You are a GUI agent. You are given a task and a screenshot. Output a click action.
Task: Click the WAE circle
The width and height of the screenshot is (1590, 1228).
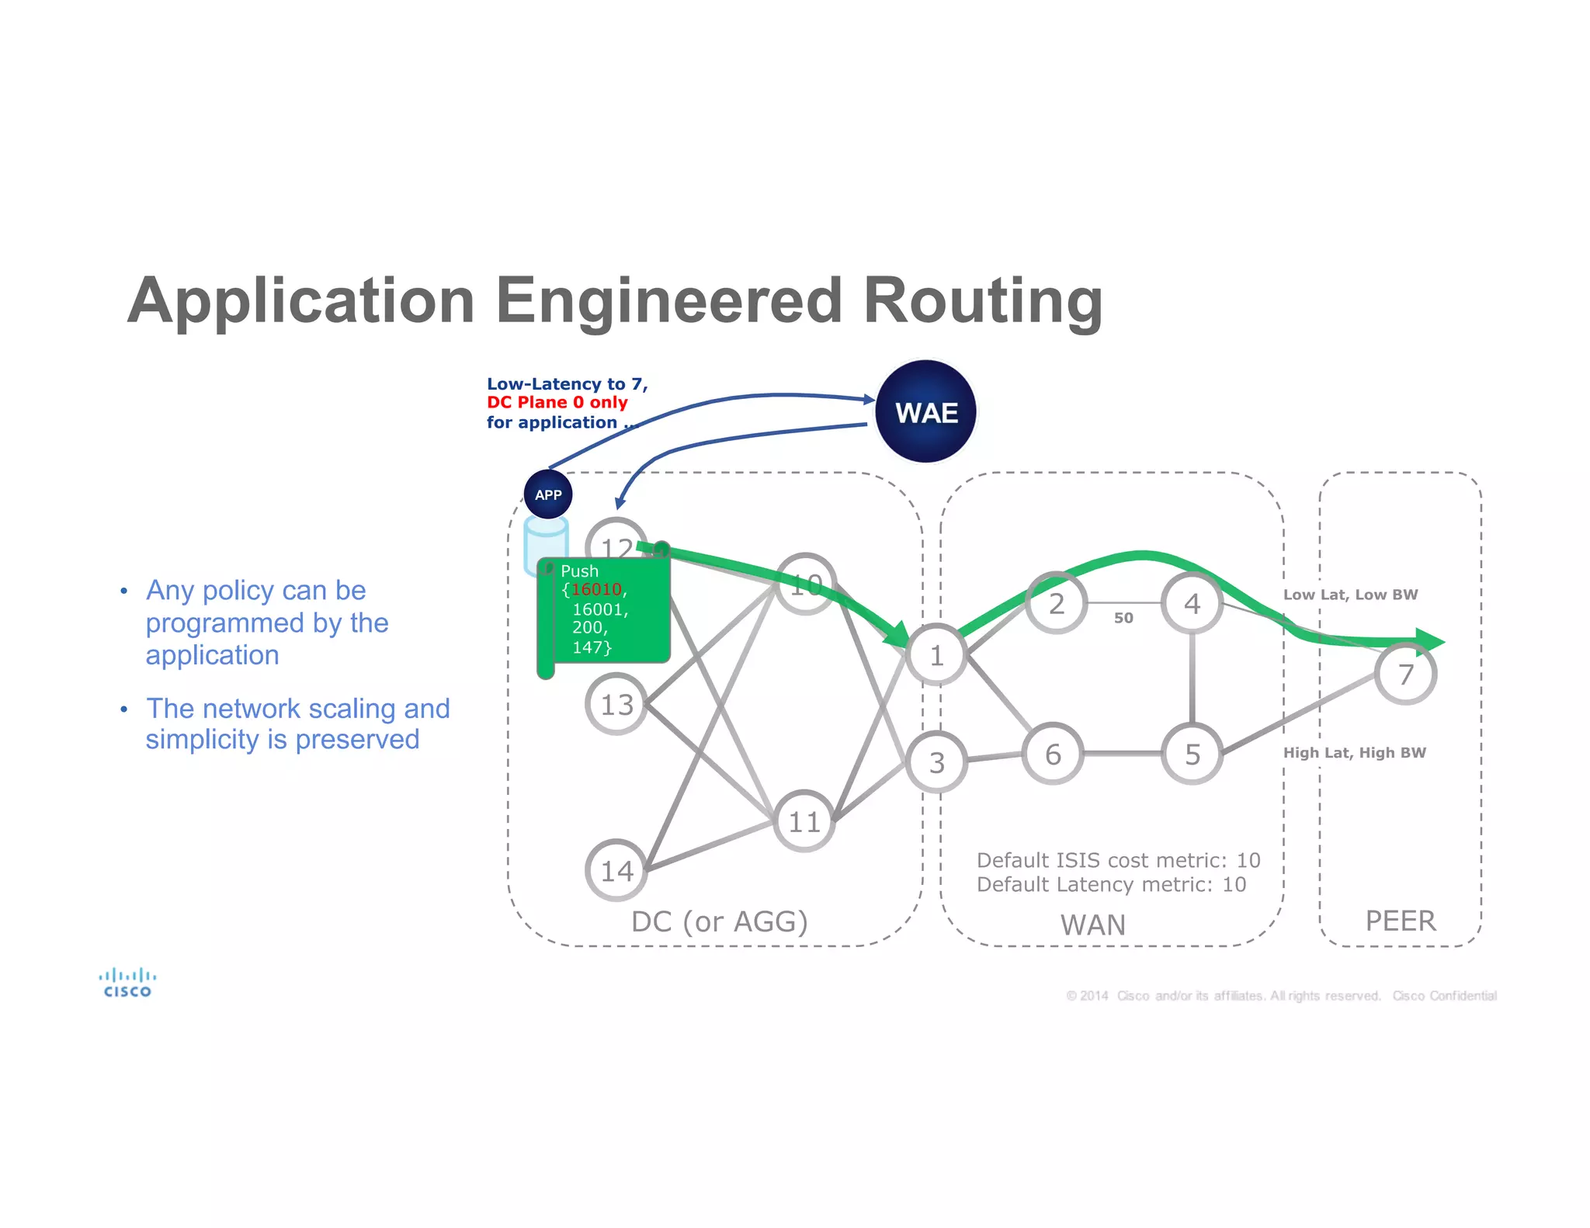[925, 411]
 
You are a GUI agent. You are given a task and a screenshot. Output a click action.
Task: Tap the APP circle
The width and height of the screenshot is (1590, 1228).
[548, 494]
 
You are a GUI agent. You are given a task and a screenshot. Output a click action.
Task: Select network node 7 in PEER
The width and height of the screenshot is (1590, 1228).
[1405, 674]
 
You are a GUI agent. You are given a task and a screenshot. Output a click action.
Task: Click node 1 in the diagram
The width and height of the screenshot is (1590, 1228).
[937, 655]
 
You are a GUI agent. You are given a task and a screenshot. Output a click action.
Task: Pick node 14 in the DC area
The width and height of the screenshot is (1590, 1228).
[616, 870]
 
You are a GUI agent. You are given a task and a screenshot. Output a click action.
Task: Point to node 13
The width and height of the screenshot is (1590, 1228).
[616, 704]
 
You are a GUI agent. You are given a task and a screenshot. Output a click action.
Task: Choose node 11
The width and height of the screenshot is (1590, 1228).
[804, 821]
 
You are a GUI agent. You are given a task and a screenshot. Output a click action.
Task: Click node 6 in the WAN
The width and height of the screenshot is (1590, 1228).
[1053, 754]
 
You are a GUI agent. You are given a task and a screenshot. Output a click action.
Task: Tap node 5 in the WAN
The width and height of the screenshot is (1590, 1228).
[1192, 754]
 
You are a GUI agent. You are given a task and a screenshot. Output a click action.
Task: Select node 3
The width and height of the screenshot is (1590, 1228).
[937, 762]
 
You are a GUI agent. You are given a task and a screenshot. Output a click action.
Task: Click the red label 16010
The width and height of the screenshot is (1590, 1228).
[596, 590]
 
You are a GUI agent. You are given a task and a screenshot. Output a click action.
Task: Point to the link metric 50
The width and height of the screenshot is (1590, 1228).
[1123, 618]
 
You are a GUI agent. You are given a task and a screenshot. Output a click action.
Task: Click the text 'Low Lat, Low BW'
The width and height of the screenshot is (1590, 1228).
[1350, 595]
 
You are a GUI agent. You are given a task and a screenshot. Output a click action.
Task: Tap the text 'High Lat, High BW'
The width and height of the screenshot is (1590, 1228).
[1354, 752]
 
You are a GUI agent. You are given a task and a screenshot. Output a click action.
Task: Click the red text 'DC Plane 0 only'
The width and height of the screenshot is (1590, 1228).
[557, 402]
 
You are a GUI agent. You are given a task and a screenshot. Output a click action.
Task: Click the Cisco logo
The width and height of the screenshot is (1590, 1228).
[127, 982]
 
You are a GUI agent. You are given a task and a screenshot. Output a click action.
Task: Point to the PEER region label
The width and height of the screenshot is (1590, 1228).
[1400, 921]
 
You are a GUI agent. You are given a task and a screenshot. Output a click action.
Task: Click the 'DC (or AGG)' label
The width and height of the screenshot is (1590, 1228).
[719, 921]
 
